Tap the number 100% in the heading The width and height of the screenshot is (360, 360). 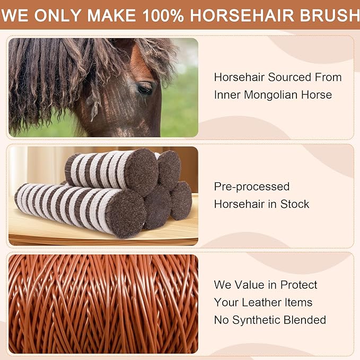coord(162,15)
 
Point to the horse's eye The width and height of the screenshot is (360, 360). coord(144,88)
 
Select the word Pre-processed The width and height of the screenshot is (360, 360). coord(252,187)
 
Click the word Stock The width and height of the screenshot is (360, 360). coord(295,204)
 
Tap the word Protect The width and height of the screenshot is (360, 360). coord(297,285)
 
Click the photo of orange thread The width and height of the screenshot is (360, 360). coord(103,303)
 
